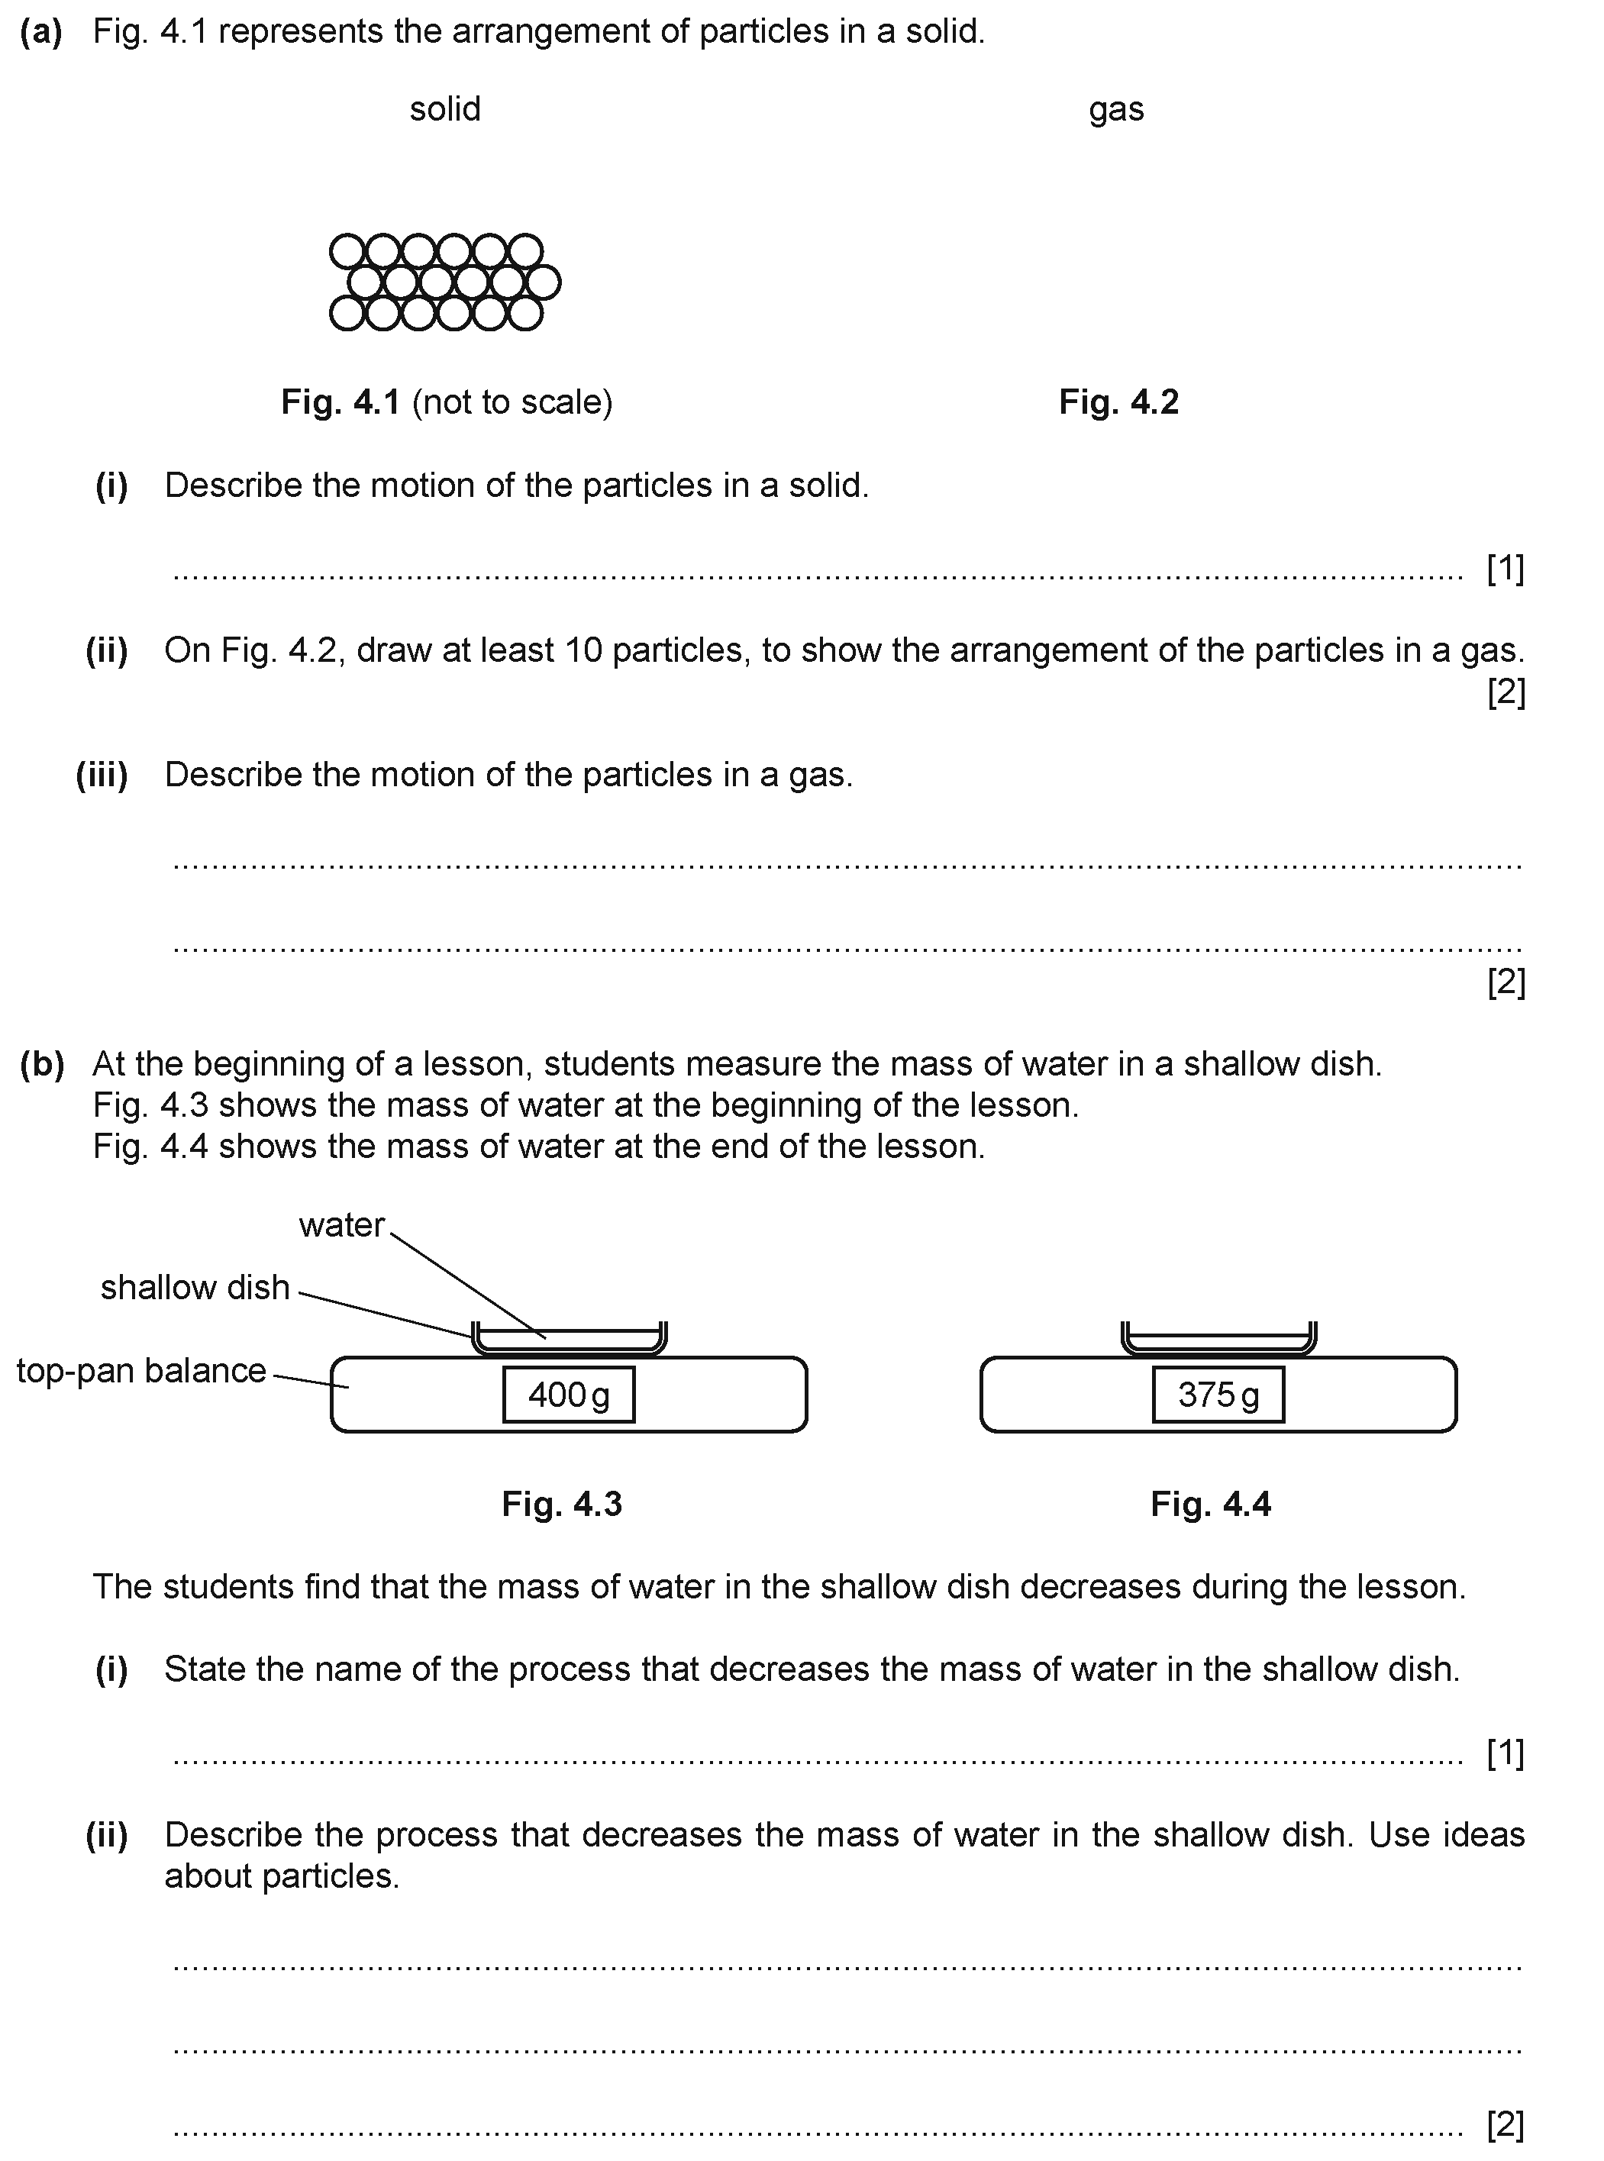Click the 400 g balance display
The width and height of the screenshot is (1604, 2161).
pos(569,1395)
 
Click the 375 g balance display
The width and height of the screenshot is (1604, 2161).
pos(1218,1395)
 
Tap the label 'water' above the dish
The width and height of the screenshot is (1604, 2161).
pos(342,1225)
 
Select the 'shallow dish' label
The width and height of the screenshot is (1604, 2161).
pos(195,1287)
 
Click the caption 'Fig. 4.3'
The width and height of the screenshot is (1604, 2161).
pos(562,1504)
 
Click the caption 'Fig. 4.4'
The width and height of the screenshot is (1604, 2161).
pos(1211,1504)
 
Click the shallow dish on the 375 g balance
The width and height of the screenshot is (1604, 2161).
pos(1218,1339)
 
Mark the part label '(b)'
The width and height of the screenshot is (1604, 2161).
pos(42,1065)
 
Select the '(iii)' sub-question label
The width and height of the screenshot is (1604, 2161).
pos(102,775)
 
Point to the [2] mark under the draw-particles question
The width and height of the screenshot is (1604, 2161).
pos(1507,692)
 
